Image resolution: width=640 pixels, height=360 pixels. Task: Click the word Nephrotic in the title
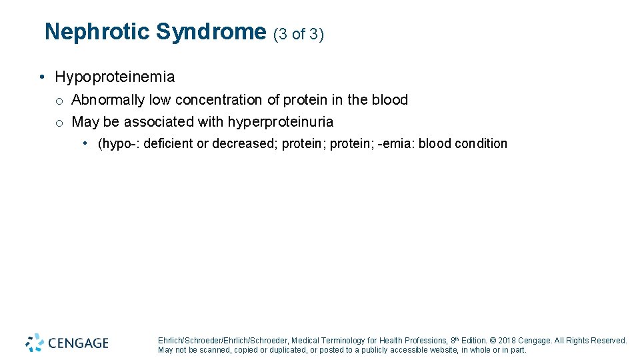click(x=97, y=32)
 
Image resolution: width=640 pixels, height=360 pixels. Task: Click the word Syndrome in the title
click(x=211, y=32)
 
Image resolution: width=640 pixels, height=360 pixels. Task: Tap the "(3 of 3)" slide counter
click(x=299, y=34)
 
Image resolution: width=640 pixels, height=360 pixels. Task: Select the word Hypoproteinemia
click(x=115, y=77)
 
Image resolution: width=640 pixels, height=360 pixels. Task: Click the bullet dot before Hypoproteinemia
click(x=42, y=77)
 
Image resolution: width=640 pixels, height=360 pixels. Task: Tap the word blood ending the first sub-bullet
click(x=389, y=100)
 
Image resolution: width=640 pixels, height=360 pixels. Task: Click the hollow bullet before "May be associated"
click(x=59, y=123)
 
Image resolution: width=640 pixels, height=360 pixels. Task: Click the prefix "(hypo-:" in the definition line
click(x=119, y=144)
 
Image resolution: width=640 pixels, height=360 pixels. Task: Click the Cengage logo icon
click(x=35, y=343)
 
